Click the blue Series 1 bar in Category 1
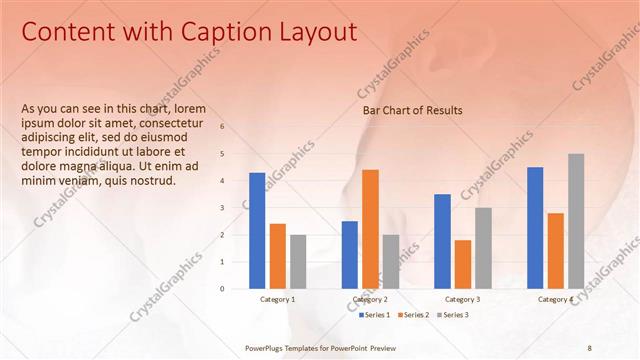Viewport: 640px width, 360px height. click(257, 231)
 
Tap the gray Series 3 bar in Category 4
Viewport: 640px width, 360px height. click(576, 221)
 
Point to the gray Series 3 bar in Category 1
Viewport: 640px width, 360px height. click(298, 262)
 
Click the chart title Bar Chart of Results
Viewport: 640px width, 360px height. click(412, 110)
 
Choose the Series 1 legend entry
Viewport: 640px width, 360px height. click(376, 315)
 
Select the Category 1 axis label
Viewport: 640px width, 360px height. click(277, 299)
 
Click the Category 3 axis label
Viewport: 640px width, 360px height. click(462, 299)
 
